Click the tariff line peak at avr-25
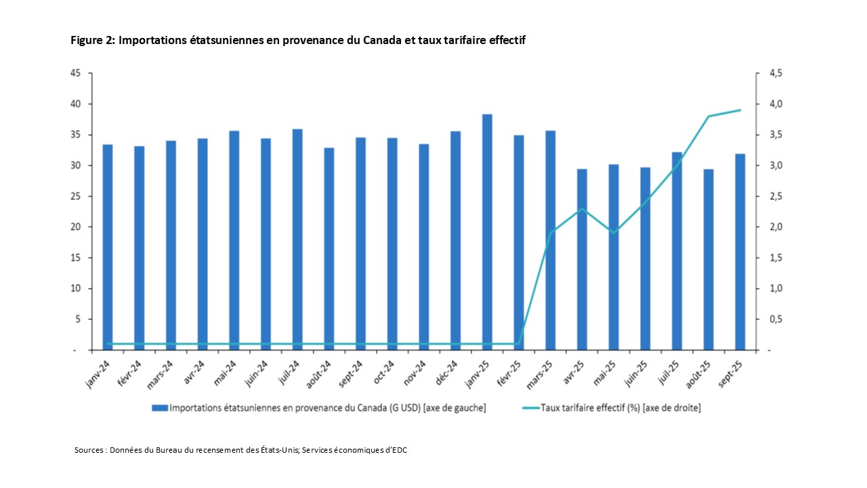coord(582,209)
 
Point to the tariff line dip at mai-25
coord(614,233)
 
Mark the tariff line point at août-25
coord(709,117)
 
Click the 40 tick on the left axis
coord(76,104)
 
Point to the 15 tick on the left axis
coord(76,258)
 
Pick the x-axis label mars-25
coord(543,373)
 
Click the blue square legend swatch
coord(160,408)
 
